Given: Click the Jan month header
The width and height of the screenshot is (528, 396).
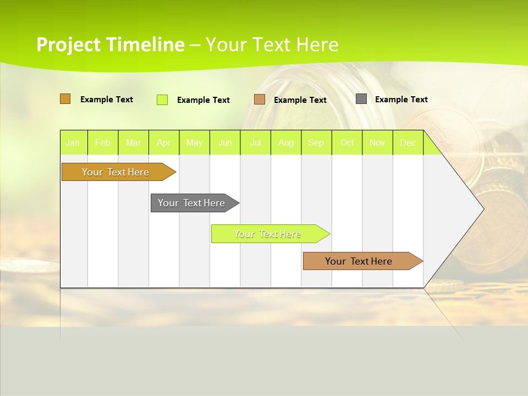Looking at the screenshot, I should (x=73, y=142).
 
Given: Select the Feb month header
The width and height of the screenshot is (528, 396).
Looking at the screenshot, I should (x=103, y=142).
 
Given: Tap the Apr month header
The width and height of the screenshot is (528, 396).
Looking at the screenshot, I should (x=163, y=142).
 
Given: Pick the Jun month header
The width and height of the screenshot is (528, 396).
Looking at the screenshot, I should (x=225, y=142).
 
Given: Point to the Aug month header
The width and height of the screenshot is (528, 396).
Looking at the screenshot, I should (x=285, y=142).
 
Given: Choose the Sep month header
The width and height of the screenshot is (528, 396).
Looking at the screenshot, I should (x=316, y=142).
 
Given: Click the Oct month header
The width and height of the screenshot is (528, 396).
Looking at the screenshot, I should (x=347, y=142).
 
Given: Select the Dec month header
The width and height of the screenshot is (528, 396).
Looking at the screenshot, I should (x=408, y=142).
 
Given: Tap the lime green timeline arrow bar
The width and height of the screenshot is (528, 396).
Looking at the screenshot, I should (x=268, y=234).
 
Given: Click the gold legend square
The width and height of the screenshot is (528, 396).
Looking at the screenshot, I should (x=65, y=99).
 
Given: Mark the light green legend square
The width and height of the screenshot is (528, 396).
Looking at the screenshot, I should (x=162, y=100).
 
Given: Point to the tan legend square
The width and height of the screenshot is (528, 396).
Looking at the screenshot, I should (x=260, y=100).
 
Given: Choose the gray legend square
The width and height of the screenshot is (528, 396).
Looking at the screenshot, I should (x=361, y=99).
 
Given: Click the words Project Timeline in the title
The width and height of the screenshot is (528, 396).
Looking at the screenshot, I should (x=110, y=45).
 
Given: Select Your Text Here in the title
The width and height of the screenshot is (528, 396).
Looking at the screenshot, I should (x=272, y=45).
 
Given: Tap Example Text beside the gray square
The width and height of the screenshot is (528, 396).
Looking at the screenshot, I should (x=401, y=100).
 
